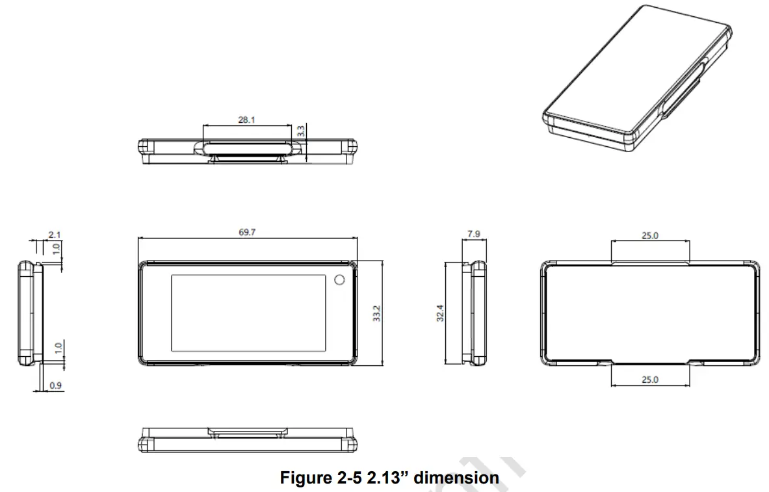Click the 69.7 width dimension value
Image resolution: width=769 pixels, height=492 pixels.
tap(247, 233)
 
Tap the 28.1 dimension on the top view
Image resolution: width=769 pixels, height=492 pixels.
tap(246, 120)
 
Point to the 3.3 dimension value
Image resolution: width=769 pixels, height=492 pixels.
tap(301, 131)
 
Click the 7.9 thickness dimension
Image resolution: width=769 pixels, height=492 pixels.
tap(474, 233)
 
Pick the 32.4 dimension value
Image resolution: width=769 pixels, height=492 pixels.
tap(441, 314)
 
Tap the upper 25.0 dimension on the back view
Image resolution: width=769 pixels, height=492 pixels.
tap(650, 235)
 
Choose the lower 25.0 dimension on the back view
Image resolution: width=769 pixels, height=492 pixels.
tap(650, 379)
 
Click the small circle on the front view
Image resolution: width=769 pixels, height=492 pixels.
tap(339, 280)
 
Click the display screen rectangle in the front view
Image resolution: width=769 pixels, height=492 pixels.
tap(248, 310)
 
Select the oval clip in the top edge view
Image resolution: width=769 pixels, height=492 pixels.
tap(248, 148)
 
